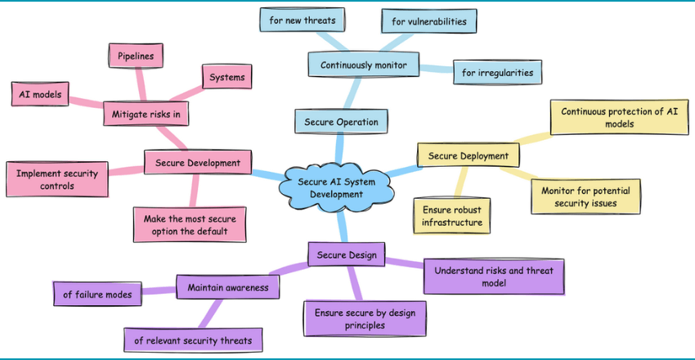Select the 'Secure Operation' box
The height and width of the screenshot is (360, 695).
coord(341,122)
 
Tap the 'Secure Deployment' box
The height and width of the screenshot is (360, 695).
coord(468,155)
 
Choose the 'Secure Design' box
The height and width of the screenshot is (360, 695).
coord(347,254)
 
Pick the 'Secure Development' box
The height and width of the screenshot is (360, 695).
coord(197,163)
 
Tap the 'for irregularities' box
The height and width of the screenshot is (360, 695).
coord(498,72)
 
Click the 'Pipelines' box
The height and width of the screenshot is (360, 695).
coord(135,56)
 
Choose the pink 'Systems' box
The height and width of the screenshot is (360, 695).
coord(226,77)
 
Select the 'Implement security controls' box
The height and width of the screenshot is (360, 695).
coord(57,179)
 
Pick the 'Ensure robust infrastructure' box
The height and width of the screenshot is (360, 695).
coord(452,214)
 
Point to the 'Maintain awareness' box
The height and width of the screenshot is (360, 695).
coord(227,287)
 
